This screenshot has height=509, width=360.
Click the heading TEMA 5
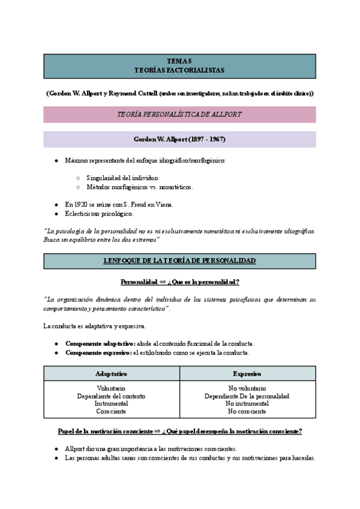[x=179, y=61]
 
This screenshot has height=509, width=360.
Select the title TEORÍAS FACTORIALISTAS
[x=179, y=70]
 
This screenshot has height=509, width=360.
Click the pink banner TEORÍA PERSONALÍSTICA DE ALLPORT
[x=179, y=114]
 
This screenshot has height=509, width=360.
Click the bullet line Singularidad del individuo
[x=122, y=178]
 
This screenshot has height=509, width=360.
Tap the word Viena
[x=163, y=205]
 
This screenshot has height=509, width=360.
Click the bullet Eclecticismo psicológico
[x=99, y=214]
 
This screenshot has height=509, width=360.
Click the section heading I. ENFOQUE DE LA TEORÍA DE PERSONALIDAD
[x=179, y=261]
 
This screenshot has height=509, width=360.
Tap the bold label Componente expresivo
[x=98, y=353]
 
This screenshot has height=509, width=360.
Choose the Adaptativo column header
[x=111, y=373]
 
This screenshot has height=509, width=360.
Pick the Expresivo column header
[x=247, y=373]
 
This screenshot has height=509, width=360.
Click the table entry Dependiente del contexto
[x=111, y=396]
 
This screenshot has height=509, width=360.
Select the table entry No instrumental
[x=247, y=404]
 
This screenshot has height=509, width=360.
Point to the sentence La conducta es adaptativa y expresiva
[x=94, y=327]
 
